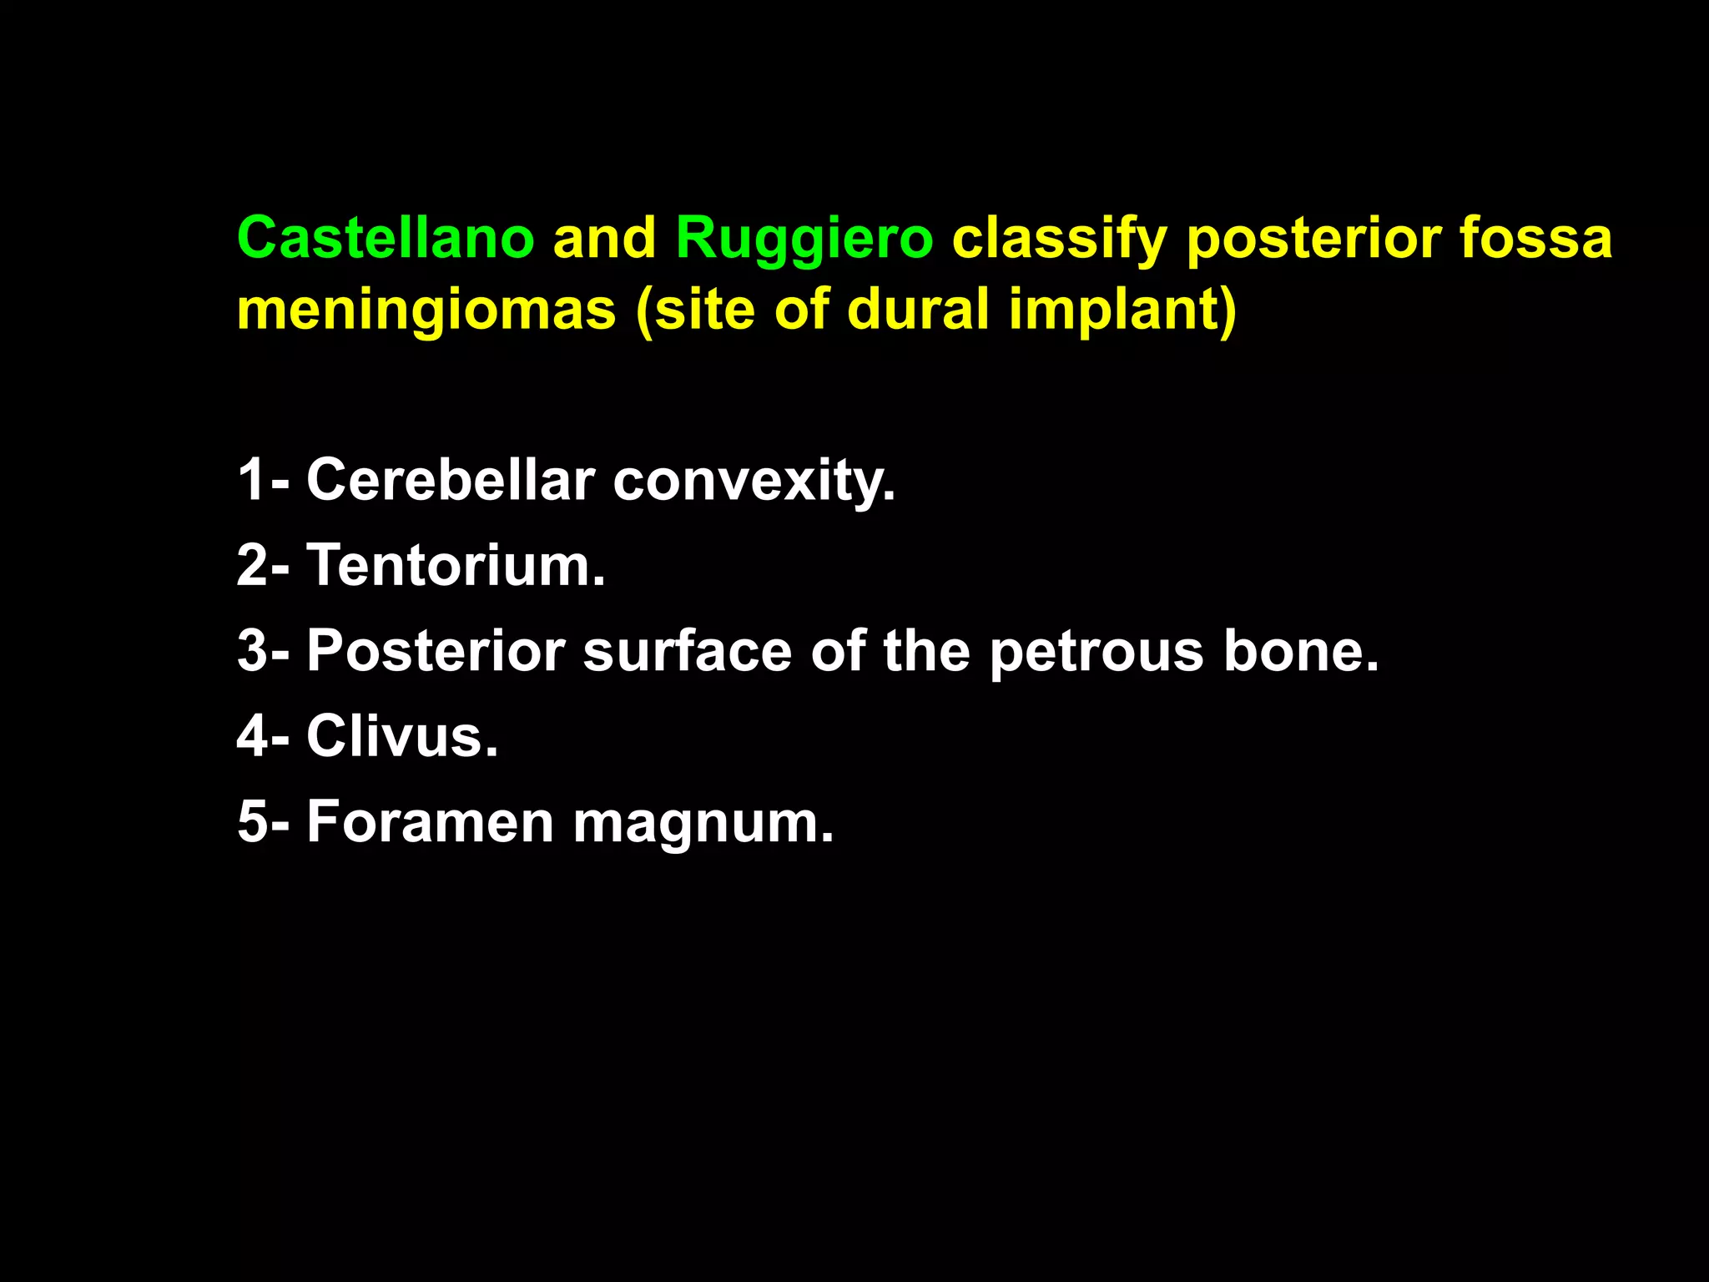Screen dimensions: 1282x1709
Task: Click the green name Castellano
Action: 386,238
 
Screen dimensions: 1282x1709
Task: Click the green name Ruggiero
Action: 804,238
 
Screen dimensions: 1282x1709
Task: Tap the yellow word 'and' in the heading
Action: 605,238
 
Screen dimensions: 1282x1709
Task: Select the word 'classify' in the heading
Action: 1059,240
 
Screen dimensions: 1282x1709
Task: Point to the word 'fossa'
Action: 1535,238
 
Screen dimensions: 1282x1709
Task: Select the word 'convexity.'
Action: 754,482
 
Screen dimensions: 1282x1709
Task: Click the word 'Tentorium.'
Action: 456,565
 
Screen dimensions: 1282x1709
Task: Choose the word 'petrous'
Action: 1096,653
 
